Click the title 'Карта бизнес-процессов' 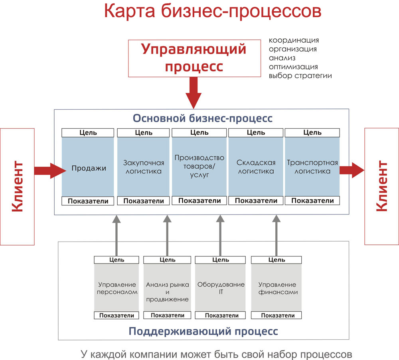point(212,12)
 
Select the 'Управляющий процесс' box point(194,58)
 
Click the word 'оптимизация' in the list point(293,67)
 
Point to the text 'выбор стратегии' point(300,75)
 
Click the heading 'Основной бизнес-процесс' point(203,119)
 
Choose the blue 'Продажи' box point(89,168)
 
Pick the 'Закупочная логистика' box point(144,167)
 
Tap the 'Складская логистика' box point(256,167)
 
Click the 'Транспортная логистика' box point(312,167)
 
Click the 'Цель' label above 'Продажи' point(88,133)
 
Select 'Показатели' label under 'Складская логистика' point(256,201)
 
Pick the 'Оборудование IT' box point(221,288)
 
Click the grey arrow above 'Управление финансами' point(277,235)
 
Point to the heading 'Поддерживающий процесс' point(203,331)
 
